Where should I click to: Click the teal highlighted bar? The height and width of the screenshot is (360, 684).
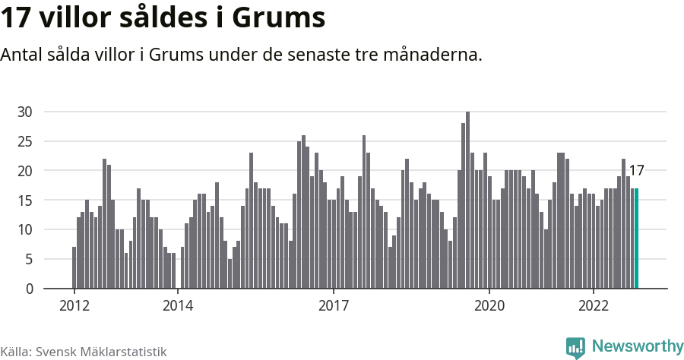[x=637, y=238]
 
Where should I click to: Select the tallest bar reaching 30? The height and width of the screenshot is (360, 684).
[x=467, y=201]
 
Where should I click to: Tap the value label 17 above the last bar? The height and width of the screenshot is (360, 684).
[x=637, y=171]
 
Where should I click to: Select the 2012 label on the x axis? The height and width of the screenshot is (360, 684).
[x=74, y=306]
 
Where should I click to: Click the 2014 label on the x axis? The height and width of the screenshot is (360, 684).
[x=178, y=306]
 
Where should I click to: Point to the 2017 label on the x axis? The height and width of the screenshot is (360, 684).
[x=334, y=306]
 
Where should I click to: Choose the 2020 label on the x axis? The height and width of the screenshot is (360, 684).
[x=489, y=306]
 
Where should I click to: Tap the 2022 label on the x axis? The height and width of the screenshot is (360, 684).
[x=593, y=306]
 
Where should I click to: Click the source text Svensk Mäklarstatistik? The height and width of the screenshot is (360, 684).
[x=101, y=352]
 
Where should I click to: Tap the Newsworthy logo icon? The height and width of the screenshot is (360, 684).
[x=575, y=348]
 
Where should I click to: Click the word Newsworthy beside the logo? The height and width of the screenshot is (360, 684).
[x=637, y=346]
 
